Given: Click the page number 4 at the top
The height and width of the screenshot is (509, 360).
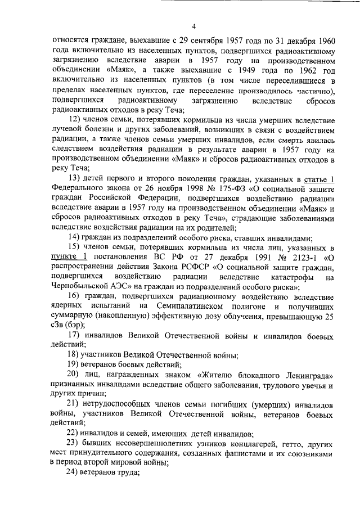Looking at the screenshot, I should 193,26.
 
